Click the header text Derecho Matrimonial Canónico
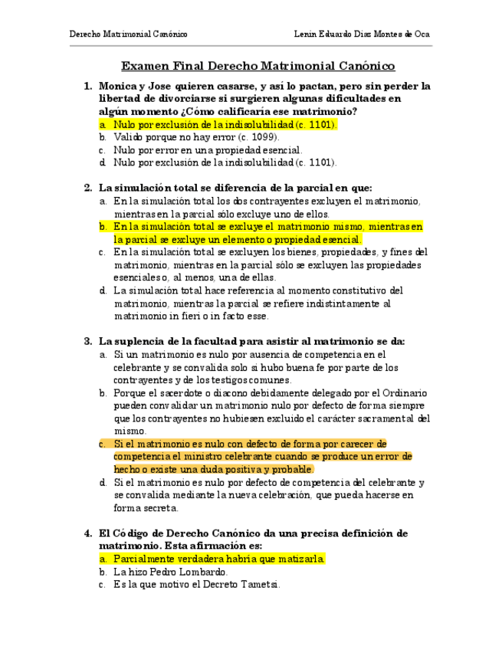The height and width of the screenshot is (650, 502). (128, 35)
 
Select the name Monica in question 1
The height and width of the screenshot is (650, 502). (117, 86)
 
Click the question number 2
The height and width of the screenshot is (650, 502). (87, 187)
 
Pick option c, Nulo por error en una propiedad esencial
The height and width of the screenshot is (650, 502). (208, 150)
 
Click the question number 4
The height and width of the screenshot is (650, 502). (87, 533)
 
